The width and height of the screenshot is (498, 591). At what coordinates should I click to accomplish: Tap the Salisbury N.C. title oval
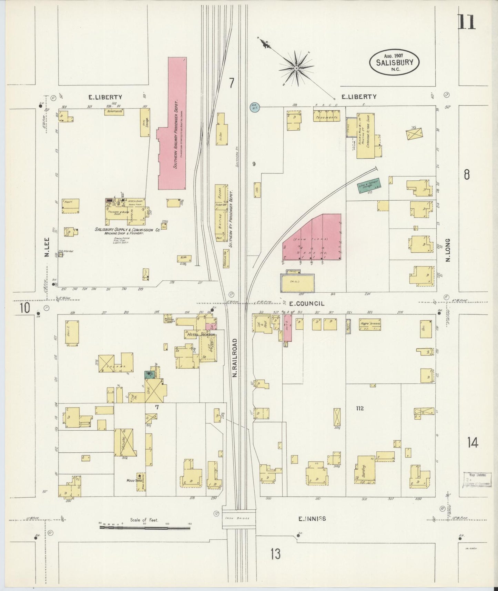tap(395, 62)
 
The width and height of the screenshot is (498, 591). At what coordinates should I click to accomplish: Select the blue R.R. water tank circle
tap(254, 107)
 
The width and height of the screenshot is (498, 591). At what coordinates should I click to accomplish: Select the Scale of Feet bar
tap(145, 527)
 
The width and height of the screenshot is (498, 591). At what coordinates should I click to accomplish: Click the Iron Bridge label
tap(238, 518)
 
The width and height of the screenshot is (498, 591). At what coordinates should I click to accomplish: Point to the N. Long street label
tap(448, 250)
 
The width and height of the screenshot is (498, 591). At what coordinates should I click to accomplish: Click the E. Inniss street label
tap(312, 518)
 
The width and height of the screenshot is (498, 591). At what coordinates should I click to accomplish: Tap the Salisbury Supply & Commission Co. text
tap(128, 230)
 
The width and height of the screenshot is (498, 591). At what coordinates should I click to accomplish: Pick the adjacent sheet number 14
tap(472, 442)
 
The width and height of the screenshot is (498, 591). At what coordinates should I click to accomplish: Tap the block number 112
tap(360, 409)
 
